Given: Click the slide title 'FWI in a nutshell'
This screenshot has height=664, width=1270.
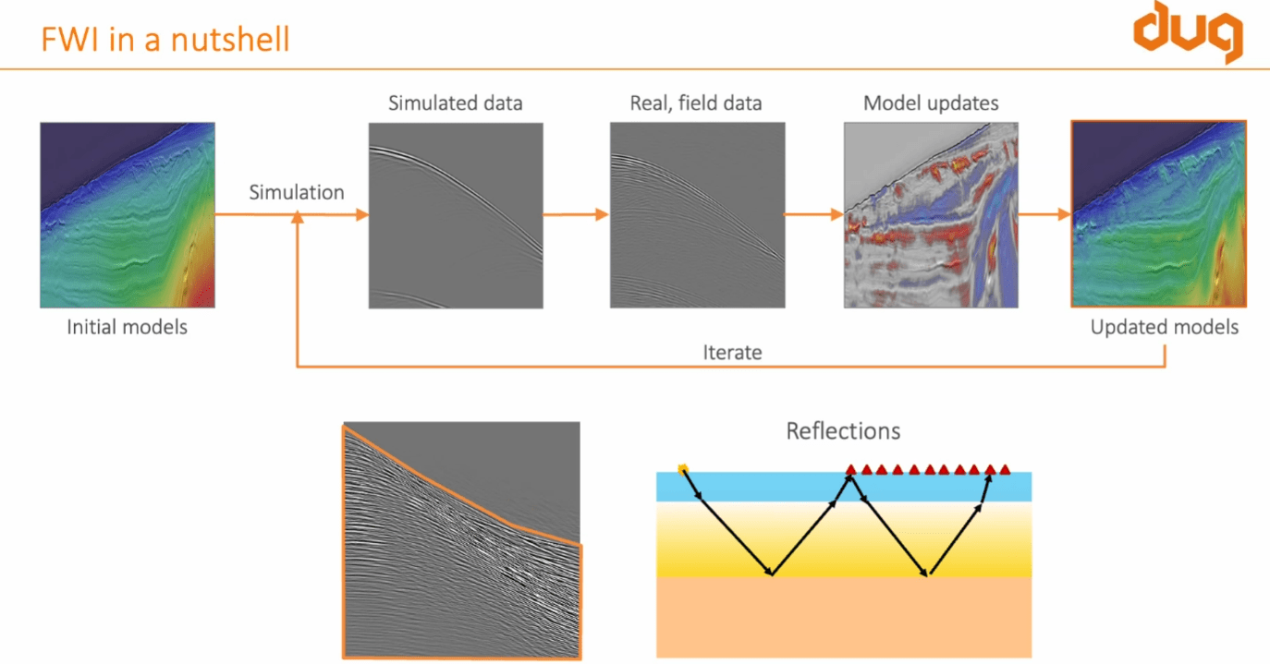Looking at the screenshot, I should click(x=165, y=40).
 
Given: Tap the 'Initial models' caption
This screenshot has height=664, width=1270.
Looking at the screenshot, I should click(x=128, y=327).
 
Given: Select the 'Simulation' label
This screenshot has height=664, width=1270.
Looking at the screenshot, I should click(x=297, y=192).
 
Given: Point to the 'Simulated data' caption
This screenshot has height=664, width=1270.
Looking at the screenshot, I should click(x=455, y=103).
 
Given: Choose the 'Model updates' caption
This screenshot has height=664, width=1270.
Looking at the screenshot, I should click(x=931, y=103).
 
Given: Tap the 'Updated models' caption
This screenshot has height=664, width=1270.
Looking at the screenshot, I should click(x=1164, y=327).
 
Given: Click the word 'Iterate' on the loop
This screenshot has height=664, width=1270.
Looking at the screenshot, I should click(x=732, y=352).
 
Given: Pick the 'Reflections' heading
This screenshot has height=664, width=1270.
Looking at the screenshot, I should click(x=843, y=430).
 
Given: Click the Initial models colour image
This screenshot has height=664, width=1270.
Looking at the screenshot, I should click(x=128, y=215).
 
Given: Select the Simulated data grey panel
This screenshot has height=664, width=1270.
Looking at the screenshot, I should click(x=455, y=215).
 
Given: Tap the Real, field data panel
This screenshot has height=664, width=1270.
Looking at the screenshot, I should click(x=697, y=215).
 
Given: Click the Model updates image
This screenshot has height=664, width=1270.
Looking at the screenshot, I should click(x=931, y=215).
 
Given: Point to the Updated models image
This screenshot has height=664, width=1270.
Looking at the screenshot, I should click(x=1159, y=213).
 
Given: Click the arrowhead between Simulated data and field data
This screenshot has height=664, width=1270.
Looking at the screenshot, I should click(x=602, y=215).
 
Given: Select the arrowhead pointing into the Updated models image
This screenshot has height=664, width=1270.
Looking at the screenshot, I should click(x=1062, y=215).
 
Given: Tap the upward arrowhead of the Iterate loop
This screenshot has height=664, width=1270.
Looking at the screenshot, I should click(x=298, y=218).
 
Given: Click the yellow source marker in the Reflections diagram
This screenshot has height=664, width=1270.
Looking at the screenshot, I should click(x=683, y=469).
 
